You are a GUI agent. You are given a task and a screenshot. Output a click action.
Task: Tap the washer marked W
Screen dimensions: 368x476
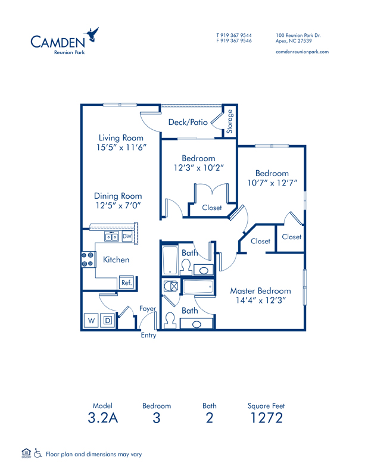click(91, 320)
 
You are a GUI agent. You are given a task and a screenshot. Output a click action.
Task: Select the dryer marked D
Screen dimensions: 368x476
click(108, 320)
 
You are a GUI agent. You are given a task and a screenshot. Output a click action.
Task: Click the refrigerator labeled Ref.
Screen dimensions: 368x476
click(126, 283)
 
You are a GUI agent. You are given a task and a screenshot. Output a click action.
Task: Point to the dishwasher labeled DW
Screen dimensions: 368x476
click(127, 236)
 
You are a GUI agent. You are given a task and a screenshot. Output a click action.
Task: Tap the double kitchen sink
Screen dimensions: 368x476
click(111, 236)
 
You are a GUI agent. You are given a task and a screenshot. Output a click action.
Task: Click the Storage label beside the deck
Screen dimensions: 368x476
click(230, 121)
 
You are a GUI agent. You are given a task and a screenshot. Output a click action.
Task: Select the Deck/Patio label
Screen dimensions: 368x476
click(188, 122)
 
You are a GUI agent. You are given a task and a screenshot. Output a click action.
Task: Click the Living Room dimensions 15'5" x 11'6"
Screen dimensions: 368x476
click(121, 148)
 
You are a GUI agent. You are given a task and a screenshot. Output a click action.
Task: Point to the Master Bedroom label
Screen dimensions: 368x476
click(260, 291)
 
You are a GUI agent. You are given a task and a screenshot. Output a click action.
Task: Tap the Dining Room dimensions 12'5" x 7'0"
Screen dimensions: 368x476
click(118, 205)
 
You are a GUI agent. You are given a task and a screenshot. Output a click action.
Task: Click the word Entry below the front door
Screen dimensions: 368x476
click(148, 336)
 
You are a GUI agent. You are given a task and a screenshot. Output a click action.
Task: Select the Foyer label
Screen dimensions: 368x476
click(148, 309)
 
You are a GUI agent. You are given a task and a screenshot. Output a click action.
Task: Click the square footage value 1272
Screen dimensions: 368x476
click(266, 418)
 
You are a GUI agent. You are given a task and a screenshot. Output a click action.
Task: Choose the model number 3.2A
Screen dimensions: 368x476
click(102, 418)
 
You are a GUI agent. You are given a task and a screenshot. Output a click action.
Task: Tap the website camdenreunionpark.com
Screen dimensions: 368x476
click(302, 52)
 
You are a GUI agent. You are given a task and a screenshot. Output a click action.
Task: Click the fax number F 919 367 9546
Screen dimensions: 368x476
click(234, 40)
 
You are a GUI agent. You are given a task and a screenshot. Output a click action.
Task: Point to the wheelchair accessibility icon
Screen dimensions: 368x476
click(38, 453)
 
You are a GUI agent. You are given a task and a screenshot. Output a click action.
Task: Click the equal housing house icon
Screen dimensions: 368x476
click(26, 453)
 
